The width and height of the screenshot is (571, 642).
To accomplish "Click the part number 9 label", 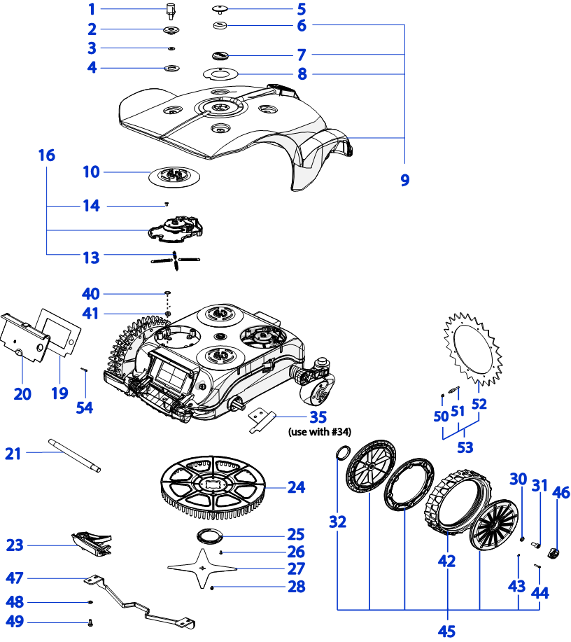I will coord(404,180).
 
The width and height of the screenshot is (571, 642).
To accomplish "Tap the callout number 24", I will coord(296,487).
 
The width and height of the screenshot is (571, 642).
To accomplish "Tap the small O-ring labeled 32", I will coord(342,453).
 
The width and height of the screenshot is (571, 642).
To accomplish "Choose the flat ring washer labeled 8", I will coord(220,73).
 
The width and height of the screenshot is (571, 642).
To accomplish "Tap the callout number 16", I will coord(46,155).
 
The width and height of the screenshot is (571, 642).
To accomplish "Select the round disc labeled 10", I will coord(175,174).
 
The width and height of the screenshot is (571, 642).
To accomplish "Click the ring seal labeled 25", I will coord(208,536).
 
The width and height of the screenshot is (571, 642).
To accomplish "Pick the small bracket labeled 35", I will coord(261,419).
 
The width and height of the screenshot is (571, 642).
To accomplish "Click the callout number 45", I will coord(446,631).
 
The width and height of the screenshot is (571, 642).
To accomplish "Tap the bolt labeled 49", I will coord(92,622).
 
